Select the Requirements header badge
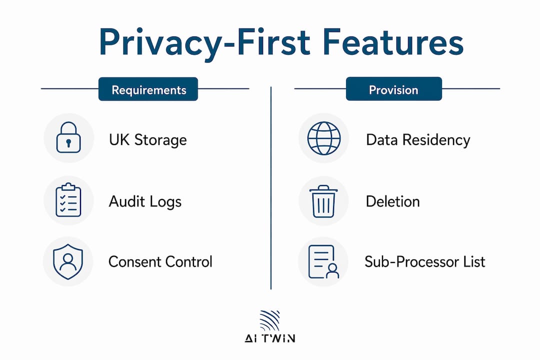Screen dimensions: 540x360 click(148, 89)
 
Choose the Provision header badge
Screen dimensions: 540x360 click(393, 89)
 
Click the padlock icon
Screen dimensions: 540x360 click(68, 137)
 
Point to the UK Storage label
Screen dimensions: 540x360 click(147, 140)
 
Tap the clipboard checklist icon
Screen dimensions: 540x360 click(68, 200)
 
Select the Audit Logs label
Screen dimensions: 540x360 click(145, 201)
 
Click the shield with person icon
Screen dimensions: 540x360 click(68, 262)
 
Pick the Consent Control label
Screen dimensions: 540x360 click(160, 262)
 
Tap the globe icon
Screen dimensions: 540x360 click(323, 138)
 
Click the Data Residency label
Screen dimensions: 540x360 click(418, 140)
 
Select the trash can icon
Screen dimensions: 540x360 click(323, 201)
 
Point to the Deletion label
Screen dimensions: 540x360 click(392, 201)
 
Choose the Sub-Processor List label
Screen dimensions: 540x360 click(425, 262)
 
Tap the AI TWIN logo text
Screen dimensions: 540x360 click(270, 338)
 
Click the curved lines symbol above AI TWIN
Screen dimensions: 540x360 click(269, 320)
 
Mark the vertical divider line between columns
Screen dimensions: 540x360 click(271, 188)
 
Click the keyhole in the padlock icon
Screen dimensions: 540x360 click(68, 142)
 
